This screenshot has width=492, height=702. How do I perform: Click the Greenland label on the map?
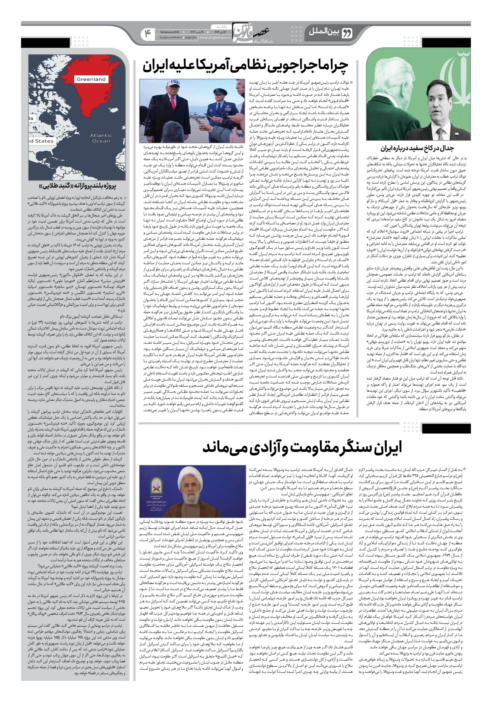[91, 79]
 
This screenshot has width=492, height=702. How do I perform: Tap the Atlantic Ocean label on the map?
[101, 138]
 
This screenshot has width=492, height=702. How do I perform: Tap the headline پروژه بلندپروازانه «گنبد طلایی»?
[77, 186]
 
